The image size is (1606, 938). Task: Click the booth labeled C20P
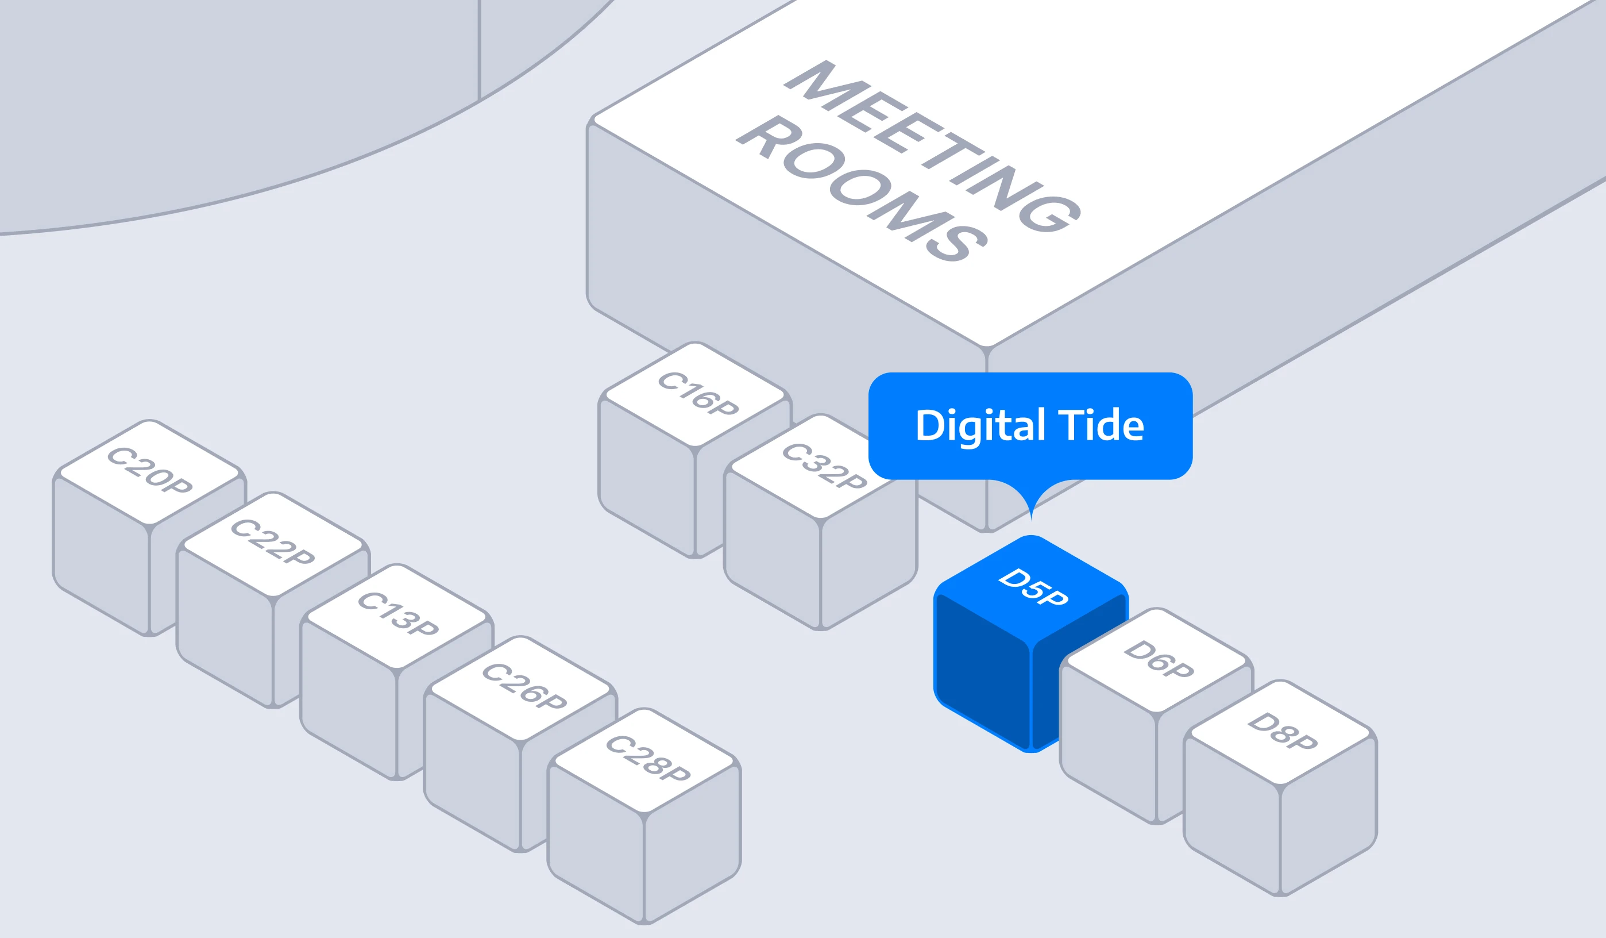click(149, 472)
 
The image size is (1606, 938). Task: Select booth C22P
click(273, 544)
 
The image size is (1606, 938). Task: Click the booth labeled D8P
click(1281, 732)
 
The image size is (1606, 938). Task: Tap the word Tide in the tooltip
click(1101, 426)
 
